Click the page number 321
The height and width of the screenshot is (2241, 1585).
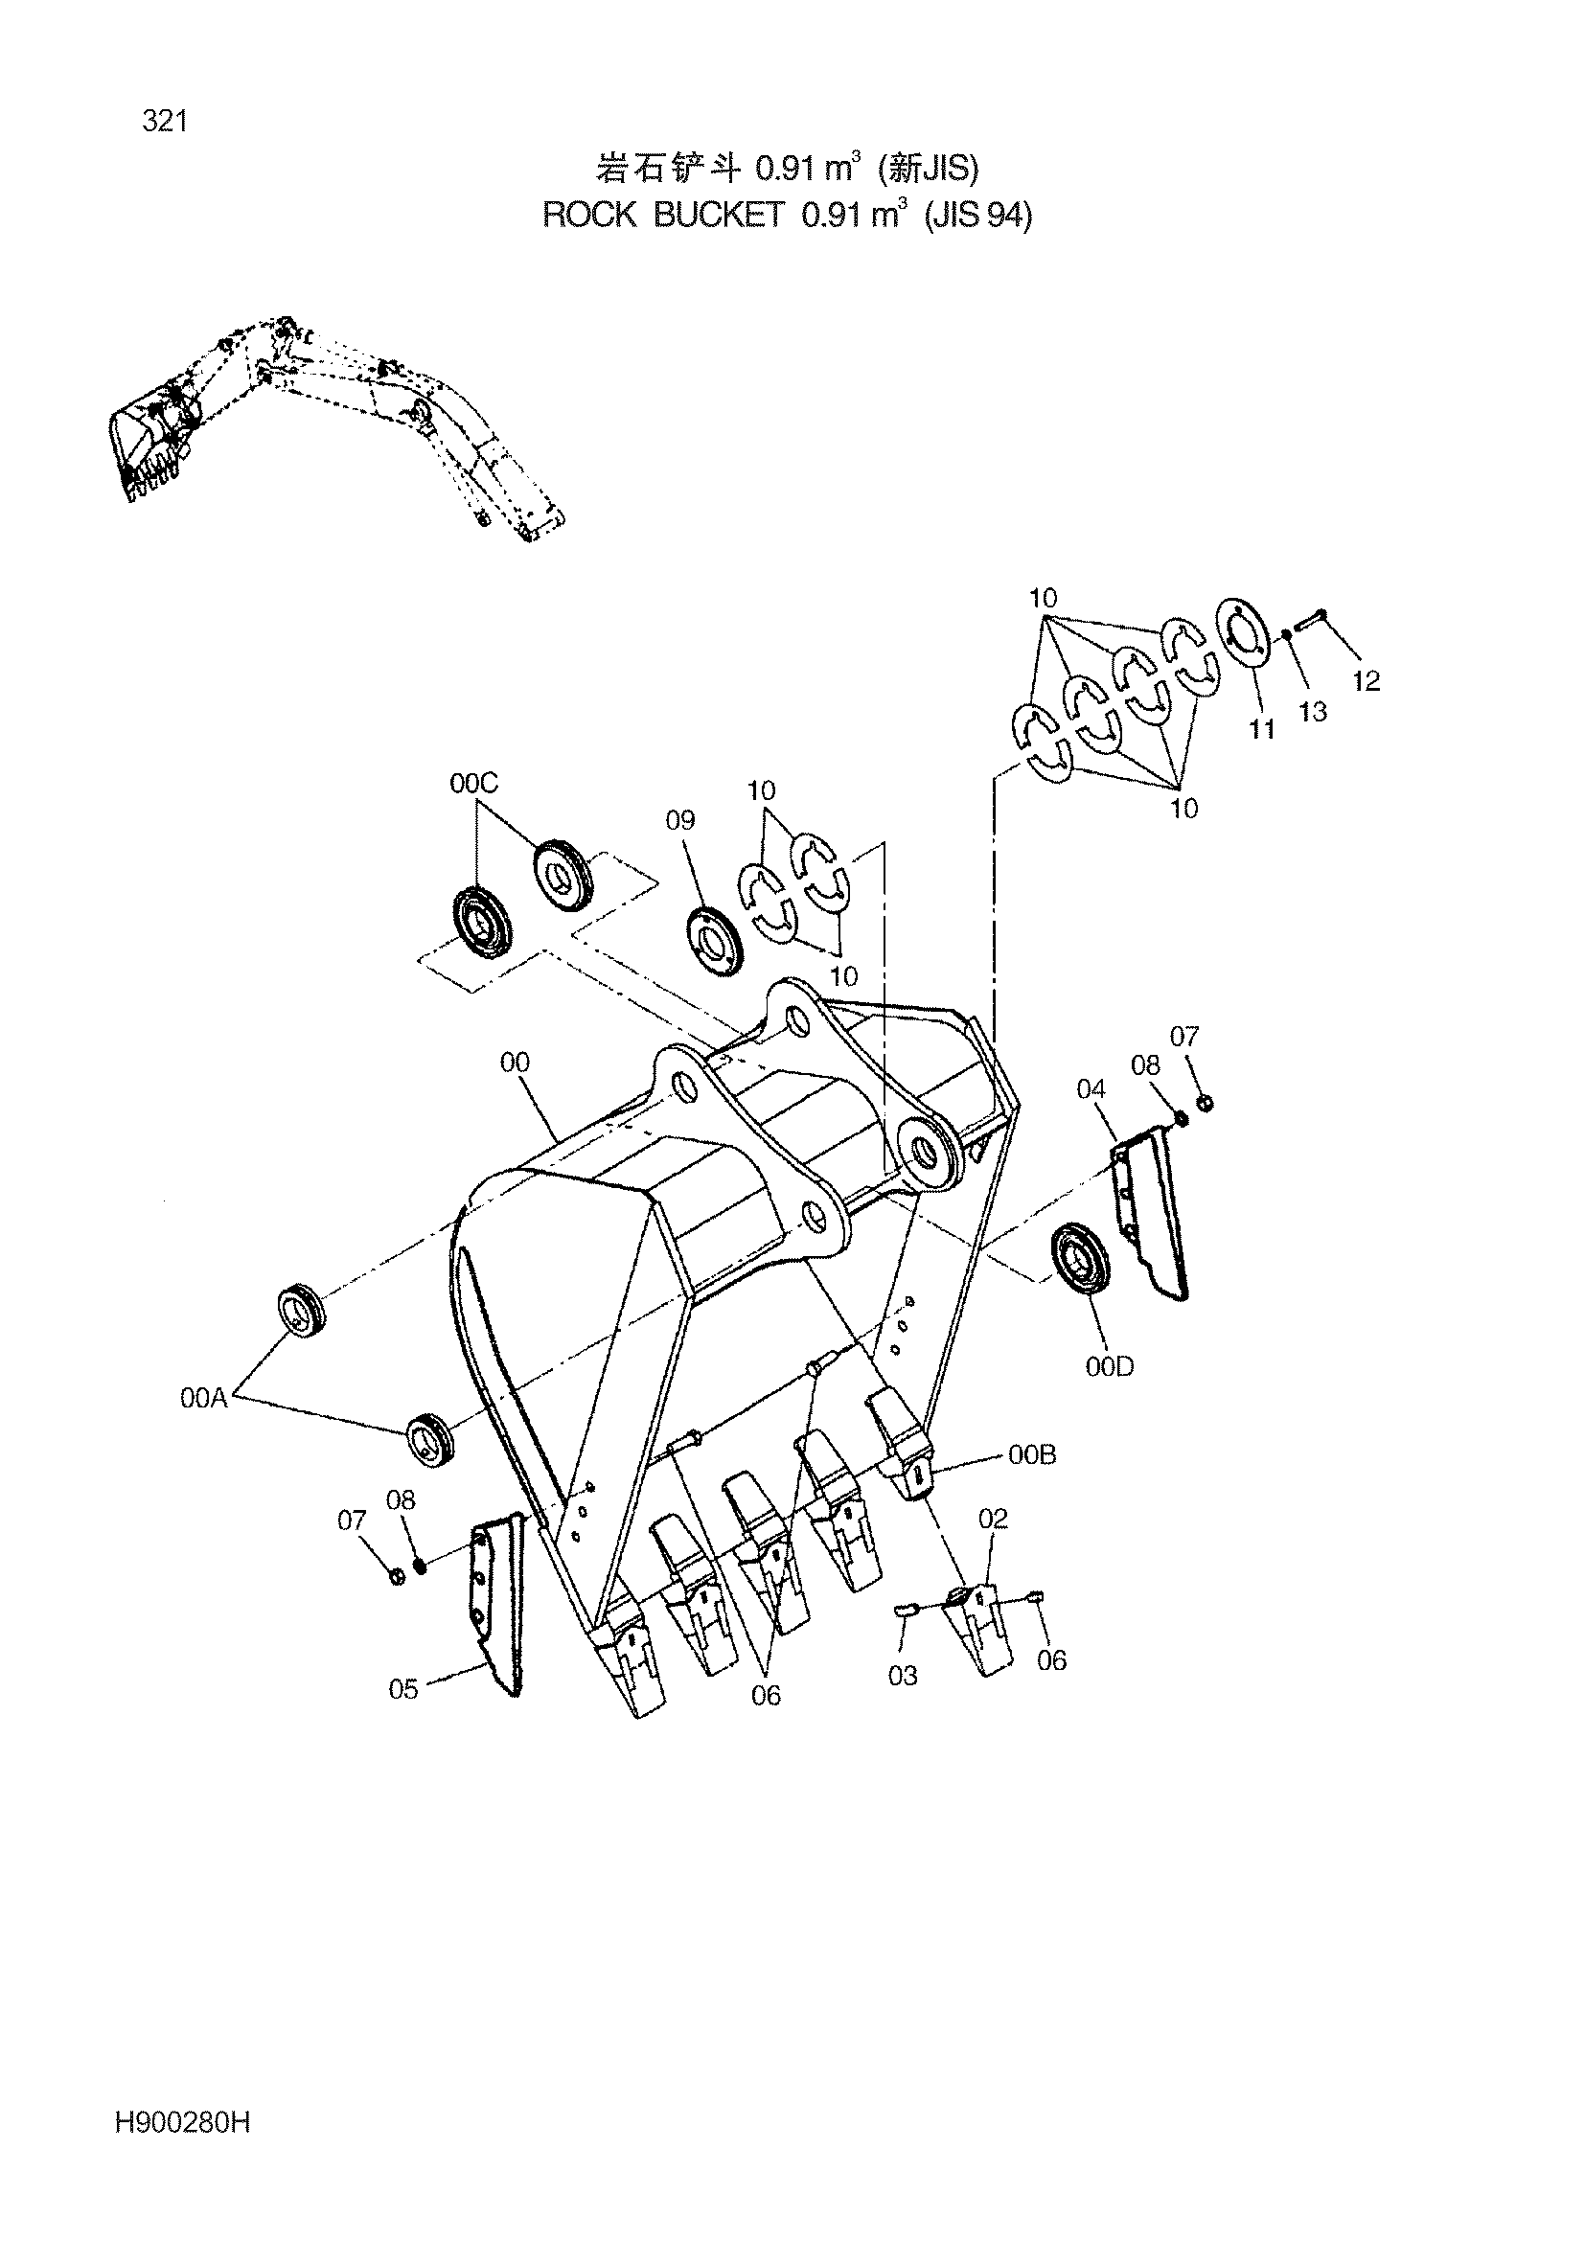click(x=164, y=122)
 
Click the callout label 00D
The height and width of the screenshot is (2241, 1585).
click(x=1110, y=1366)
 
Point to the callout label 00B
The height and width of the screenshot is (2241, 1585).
click(x=1033, y=1481)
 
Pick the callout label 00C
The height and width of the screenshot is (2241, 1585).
click(x=474, y=783)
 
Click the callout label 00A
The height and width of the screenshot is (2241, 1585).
click(x=204, y=1398)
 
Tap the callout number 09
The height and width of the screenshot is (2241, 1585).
click(x=680, y=820)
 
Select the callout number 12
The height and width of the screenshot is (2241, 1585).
click(x=1367, y=681)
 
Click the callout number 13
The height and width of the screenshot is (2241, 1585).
click(x=1313, y=712)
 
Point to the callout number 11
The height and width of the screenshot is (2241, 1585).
click(x=1262, y=729)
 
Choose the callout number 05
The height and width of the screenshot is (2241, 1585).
click(x=403, y=1688)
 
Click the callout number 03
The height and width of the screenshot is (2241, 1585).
click(x=903, y=1675)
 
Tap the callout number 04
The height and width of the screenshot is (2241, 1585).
click(x=1091, y=1088)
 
